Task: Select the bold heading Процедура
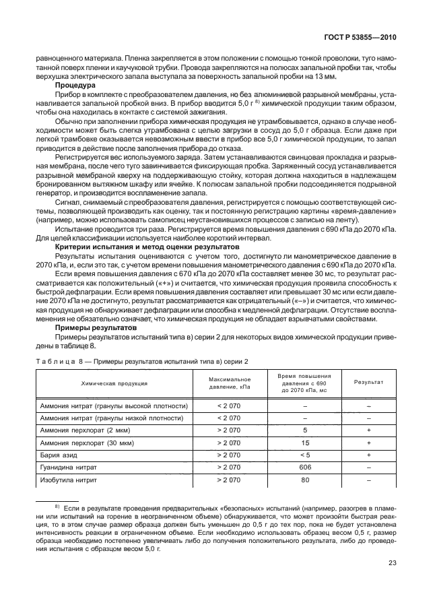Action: pos(75,86)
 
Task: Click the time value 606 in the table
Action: pos(305,467)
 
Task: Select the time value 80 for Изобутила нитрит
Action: pos(305,480)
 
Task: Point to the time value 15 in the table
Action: pos(305,443)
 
